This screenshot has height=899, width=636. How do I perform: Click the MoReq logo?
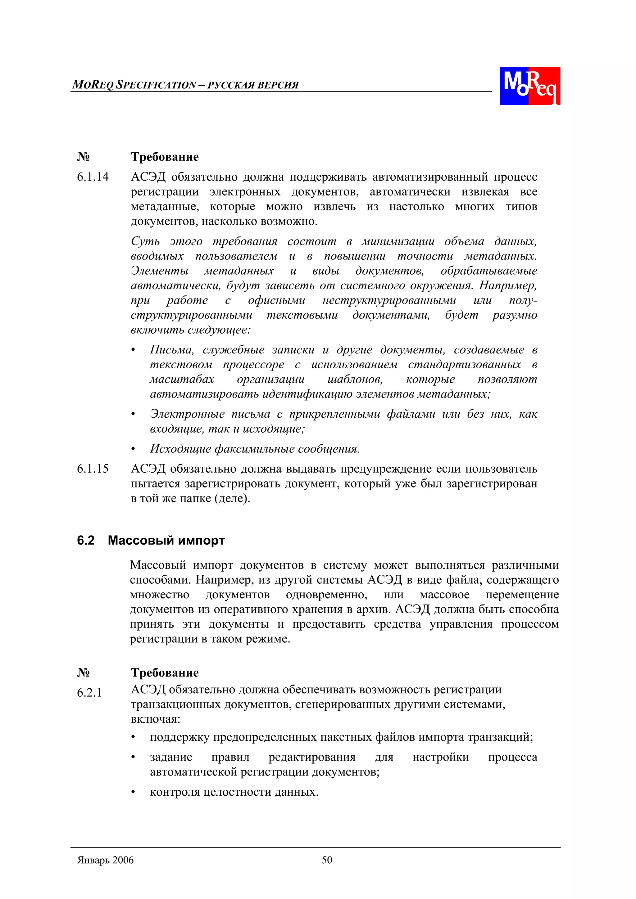[x=529, y=86]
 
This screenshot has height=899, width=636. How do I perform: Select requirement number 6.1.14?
[x=93, y=177]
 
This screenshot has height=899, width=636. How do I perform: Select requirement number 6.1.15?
[x=93, y=469]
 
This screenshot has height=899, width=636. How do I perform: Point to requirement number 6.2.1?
[x=89, y=692]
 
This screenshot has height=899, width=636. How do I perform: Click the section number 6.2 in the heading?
[x=85, y=540]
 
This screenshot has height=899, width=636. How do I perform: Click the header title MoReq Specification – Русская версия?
[x=185, y=85]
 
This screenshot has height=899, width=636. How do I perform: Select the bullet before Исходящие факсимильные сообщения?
[x=133, y=449]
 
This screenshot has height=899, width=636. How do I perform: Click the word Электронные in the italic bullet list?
[x=187, y=414]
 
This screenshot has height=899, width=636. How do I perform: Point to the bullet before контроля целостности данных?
[x=133, y=792]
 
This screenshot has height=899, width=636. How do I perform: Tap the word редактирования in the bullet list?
[x=311, y=757]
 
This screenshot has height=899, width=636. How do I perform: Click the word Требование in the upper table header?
[x=165, y=157]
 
